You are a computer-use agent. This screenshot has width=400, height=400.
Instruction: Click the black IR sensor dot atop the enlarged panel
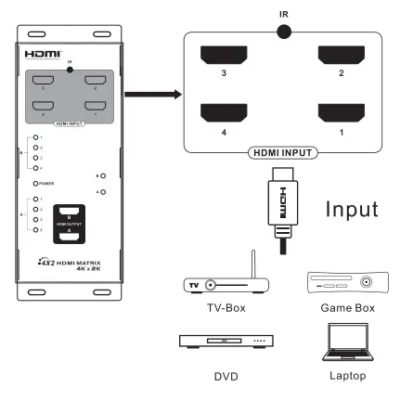click(x=282, y=31)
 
